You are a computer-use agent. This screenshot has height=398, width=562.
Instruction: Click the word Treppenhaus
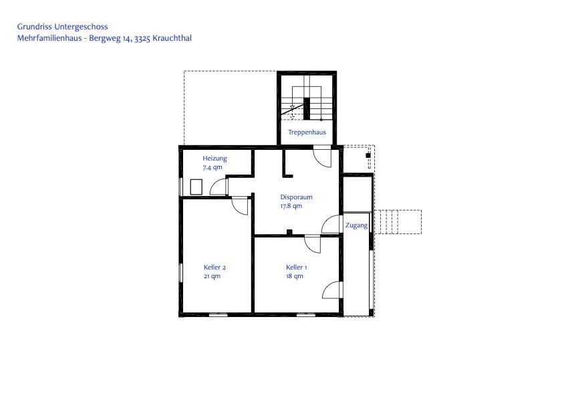307,132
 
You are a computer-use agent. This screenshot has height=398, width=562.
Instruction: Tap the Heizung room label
215,159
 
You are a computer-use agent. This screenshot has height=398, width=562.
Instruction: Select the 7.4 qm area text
213,167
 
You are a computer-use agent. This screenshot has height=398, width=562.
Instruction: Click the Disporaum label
297,197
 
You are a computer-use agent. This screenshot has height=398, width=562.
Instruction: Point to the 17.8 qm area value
291,206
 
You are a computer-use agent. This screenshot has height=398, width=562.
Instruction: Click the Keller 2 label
215,268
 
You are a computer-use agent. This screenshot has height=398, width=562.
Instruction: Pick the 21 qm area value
213,276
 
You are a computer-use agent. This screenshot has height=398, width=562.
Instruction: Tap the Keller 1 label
297,268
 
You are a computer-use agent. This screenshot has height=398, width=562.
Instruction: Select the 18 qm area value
295,276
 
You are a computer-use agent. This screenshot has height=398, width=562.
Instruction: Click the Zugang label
356,225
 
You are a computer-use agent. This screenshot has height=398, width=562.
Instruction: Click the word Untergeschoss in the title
81,27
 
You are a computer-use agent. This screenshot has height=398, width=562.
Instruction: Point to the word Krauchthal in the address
172,38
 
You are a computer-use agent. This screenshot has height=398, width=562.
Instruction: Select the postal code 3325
142,39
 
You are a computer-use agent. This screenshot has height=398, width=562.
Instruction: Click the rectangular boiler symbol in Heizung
196,187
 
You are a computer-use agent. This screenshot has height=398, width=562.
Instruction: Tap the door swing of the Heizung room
219,187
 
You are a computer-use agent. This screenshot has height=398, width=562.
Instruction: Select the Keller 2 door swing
240,206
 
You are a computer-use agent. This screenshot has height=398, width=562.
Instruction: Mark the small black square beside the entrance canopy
368,155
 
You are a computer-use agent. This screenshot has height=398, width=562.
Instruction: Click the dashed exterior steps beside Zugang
398,222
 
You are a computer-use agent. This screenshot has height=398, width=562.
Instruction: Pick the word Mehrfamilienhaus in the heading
49,38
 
